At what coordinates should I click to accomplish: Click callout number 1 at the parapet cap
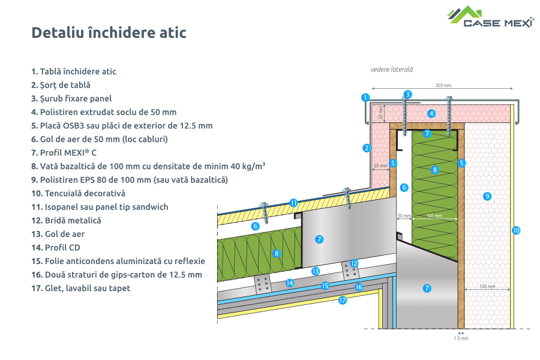tap(365, 97)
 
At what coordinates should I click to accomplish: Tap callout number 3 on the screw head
tap(407, 94)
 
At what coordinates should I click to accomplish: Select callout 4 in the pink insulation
tap(431, 113)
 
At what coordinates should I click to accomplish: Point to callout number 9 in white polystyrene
tap(487, 196)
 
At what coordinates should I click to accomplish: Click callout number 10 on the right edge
tap(515, 230)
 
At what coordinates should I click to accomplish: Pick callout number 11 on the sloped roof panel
tap(293, 203)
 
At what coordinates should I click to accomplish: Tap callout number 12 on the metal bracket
tap(354, 263)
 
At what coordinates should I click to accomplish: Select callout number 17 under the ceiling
tap(343, 301)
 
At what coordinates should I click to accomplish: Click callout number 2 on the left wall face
tap(366, 148)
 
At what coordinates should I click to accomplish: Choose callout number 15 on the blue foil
tap(325, 286)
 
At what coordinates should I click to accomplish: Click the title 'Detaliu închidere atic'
tap(109, 32)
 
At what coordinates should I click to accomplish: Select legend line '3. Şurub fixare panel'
tap(71, 98)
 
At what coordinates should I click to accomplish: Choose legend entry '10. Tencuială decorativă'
tap(78, 193)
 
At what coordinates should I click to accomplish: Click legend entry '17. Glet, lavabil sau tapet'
tap(80, 288)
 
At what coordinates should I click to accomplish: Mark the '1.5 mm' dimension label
tap(460, 338)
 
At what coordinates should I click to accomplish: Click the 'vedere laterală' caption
tap(391, 70)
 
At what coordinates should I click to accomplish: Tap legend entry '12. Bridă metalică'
tap(66, 220)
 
